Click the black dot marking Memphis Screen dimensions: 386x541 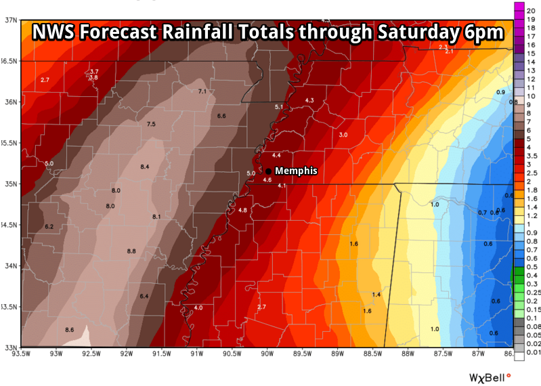pos(269,171)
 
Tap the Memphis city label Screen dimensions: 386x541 pos(296,171)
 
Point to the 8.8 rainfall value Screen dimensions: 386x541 pos(131,251)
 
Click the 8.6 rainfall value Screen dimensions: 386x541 pos(69,329)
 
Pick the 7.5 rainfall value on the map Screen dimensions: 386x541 pos(151,124)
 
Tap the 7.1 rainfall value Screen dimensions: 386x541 pos(202,91)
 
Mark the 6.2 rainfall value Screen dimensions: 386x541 pos(49,226)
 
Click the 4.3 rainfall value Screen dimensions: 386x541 pos(309,100)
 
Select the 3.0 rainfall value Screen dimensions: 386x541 pos(343,135)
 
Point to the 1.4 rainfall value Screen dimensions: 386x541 pos(376,295)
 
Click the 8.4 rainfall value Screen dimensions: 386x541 pos(145,167)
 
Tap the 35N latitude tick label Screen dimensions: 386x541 pos(9,184)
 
